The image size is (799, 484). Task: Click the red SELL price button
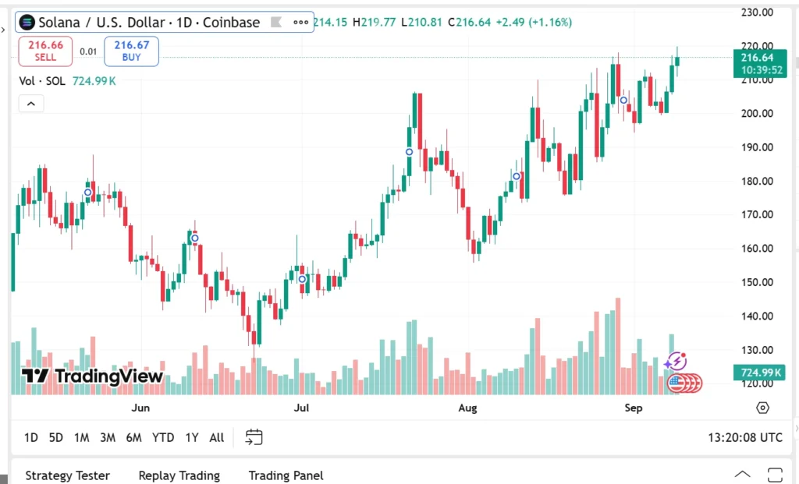click(x=45, y=51)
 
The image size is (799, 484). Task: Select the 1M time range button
click(x=81, y=437)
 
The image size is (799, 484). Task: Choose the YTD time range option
click(x=163, y=437)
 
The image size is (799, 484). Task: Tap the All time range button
click(x=217, y=437)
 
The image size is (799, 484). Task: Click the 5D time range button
click(x=55, y=437)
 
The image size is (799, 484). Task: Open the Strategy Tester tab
click(x=67, y=475)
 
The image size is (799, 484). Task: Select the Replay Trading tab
click(x=179, y=475)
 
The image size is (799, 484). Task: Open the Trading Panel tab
click(x=286, y=475)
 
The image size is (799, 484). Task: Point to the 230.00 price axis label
click(x=756, y=12)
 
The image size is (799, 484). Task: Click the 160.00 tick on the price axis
click(x=756, y=249)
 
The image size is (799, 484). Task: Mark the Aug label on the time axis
click(x=467, y=408)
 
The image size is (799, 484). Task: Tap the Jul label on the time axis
click(x=302, y=408)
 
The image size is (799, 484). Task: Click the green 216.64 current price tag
click(x=757, y=58)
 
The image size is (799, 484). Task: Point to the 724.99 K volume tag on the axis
click(x=757, y=373)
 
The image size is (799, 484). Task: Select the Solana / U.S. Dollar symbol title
click(x=148, y=23)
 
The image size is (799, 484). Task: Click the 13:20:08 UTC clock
click(x=744, y=437)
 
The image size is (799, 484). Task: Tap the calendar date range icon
click(x=254, y=437)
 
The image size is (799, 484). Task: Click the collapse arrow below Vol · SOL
click(x=31, y=103)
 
